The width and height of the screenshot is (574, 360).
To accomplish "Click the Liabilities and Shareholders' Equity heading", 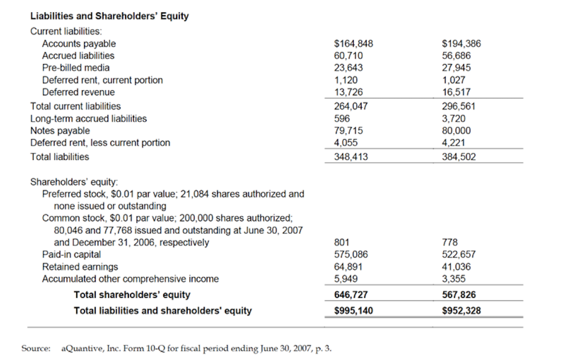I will (109, 16).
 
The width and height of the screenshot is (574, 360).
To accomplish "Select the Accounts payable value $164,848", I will (353, 44).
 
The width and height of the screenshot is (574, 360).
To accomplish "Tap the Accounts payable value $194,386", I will (461, 44).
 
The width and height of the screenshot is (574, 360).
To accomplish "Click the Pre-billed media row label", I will (76, 68).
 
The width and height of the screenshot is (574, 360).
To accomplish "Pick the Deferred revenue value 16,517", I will (456, 92).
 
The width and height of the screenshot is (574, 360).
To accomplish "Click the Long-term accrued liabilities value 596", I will (341, 118).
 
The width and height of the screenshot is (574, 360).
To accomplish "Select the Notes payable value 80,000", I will (456, 131).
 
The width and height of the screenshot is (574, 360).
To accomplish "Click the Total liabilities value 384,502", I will (459, 157).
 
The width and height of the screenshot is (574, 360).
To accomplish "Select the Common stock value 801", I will (341, 242).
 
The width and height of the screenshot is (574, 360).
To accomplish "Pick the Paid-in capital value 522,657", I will (459, 255).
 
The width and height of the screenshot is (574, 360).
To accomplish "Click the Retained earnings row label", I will (80, 267).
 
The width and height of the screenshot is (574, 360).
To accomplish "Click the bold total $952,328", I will (461, 311).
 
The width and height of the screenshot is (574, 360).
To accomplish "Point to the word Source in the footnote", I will (35, 348).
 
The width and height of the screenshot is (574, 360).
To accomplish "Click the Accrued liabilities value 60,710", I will (348, 56).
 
